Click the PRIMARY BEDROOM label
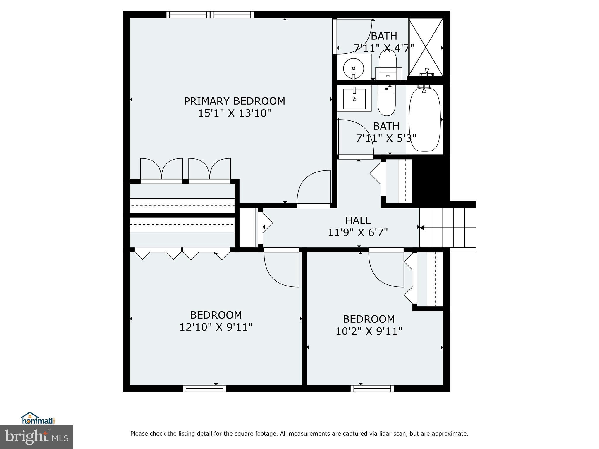click(x=234, y=101)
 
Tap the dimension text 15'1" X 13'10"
click(x=234, y=113)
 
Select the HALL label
click(x=358, y=220)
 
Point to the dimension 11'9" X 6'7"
click(x=358, y=233)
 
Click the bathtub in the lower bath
click(x=425, y=120)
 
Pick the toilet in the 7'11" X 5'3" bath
click(x=386, y=101)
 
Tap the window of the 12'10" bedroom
click(x=204, y=388)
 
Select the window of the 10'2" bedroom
click(x=372, y=388)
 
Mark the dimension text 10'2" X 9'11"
click(x=369, y=331)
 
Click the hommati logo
click(x=38, y=419)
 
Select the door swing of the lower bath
click(x=355, y=137)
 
